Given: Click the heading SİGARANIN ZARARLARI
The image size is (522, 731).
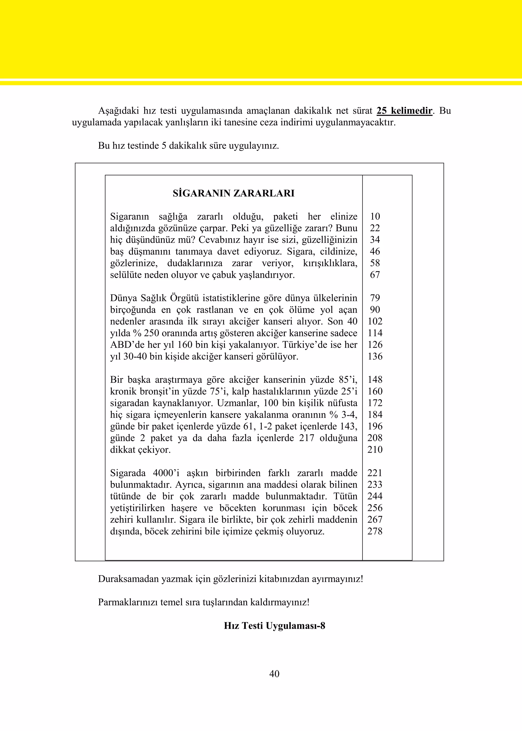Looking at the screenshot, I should tap(233, 193).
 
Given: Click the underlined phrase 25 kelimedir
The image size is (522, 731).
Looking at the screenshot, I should tap(404, 111).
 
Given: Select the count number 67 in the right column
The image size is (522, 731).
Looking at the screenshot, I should tap(375, 275).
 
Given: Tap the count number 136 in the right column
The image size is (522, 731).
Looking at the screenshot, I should tap(375, 356).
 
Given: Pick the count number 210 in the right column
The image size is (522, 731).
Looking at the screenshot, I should tap(375, 449).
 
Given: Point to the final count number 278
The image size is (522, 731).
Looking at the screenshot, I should tap(375, 531).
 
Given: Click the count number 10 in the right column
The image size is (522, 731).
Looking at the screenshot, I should tap(375, 217).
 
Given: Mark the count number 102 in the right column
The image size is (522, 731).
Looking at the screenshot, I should tap(375, 321).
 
